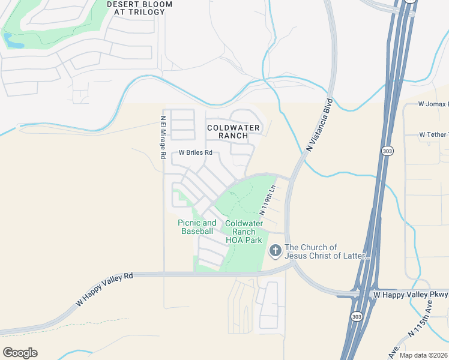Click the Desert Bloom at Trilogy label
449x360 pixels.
[x=139, y=7]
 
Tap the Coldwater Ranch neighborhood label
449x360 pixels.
[x=234, y=131]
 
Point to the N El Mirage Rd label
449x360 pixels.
[x=163, y=137]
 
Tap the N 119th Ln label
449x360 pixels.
[x=267, y=200]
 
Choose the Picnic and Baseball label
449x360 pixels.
[x=197, y=227]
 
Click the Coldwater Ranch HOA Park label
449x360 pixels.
[x=244, y=232]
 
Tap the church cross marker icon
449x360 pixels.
[x=276, y=250]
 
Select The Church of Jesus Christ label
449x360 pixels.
[x=328, y=251]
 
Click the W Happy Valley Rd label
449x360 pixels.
[x=104, y=290]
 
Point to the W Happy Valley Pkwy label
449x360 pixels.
[x=411, y=295]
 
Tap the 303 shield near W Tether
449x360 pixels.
[x=388, y=151]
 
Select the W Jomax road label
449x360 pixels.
[x=433, y=104]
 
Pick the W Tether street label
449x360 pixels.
[x=433, y=134]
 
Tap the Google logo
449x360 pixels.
[x=20, y=352]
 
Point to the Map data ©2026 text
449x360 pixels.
[x=424, y=355]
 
